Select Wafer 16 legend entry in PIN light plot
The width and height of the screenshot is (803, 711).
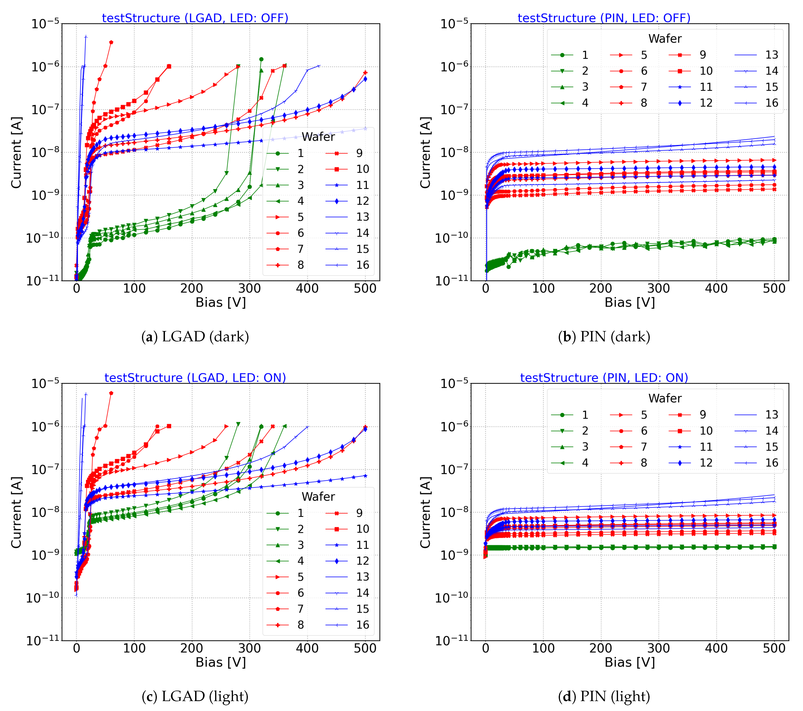tap(756, 463)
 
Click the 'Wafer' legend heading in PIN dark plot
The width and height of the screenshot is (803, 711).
tap(665, 38)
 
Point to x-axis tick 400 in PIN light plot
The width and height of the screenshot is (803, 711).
tap(716, 648)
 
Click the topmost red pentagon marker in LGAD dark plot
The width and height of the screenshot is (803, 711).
tap(111, 42)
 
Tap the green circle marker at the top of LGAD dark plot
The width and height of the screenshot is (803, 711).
tap(261, 59)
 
